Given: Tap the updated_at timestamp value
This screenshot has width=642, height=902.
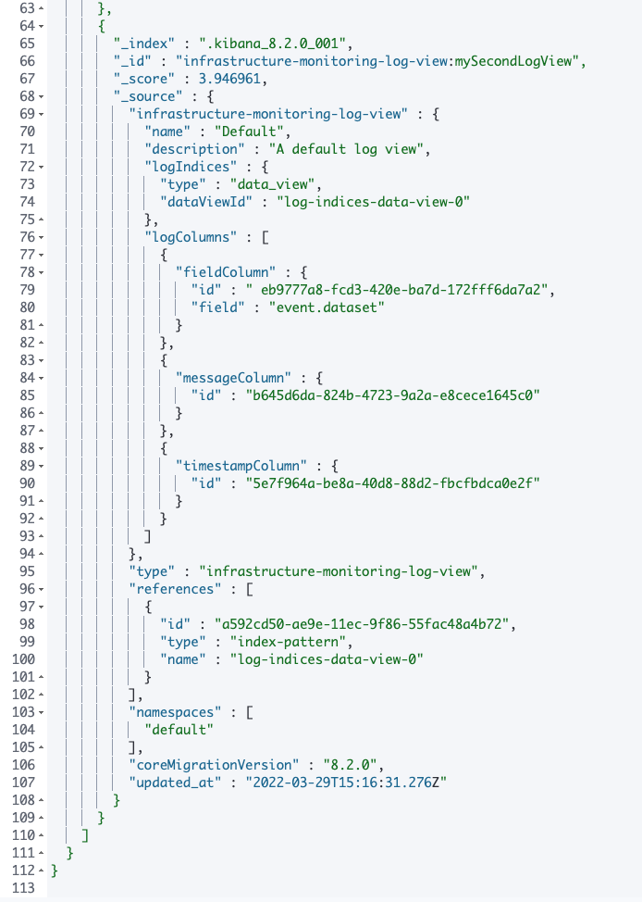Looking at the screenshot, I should [340, 783].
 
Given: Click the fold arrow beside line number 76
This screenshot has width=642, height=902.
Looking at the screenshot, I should [42, 237].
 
